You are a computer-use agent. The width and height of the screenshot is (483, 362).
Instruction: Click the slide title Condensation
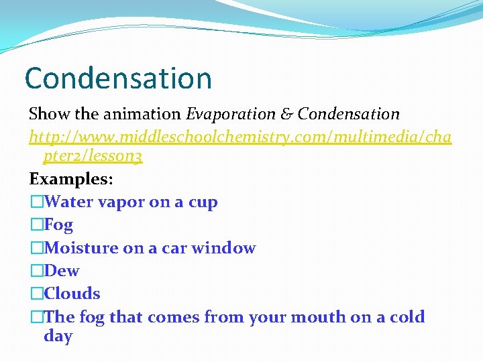click(118, 78)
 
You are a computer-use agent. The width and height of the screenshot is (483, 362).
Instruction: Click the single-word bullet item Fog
click(58, 225)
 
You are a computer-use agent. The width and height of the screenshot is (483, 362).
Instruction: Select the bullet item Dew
click(61, 271)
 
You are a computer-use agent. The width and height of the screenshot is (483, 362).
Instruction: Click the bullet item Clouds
click(72, 294)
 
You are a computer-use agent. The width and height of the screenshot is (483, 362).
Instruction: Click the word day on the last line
click(58, 337)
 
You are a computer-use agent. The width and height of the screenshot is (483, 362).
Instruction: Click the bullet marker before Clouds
click(36, 294)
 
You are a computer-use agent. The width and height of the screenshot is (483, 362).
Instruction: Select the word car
click(174, 249)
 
